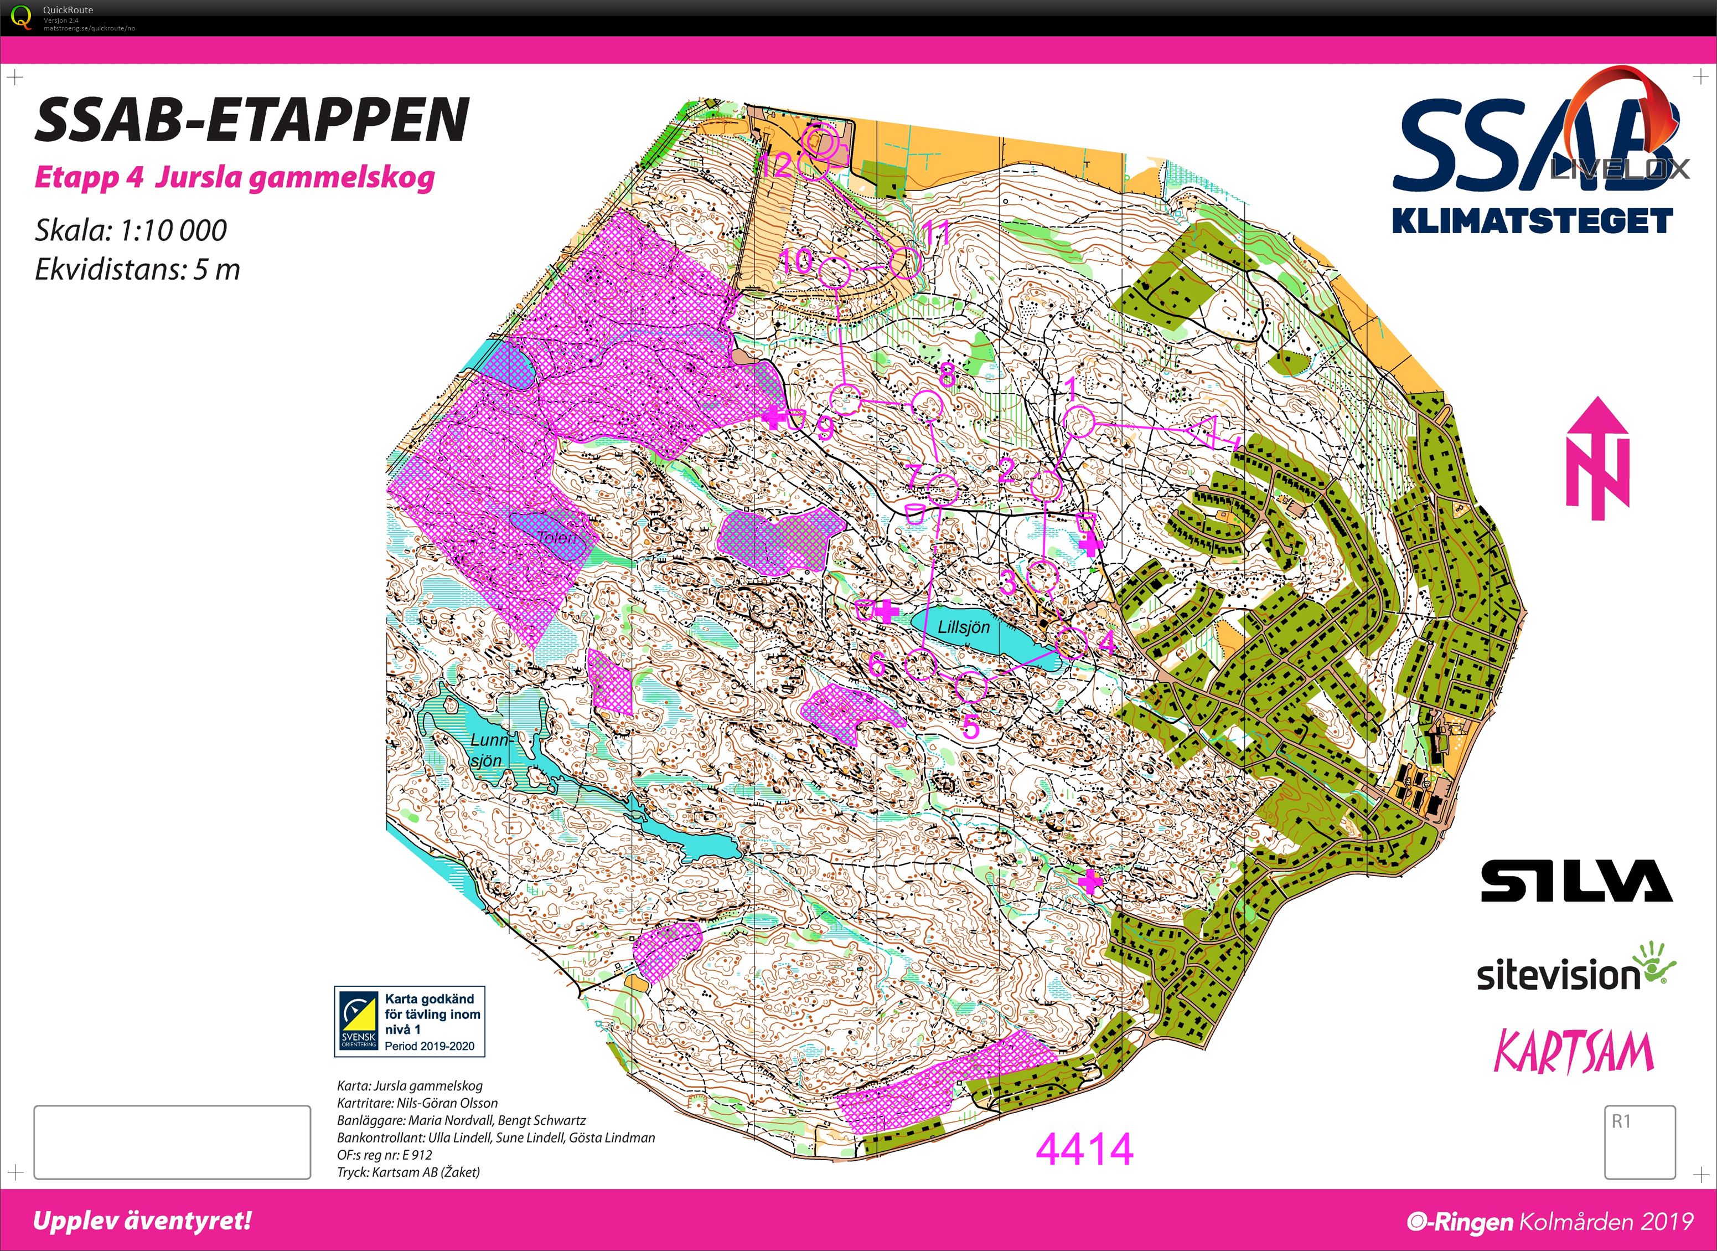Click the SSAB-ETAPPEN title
pyautogui.click(x=251, y=120)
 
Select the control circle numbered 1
pyautogui.click(x=1079, y=423)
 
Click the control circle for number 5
pyautogui.click(x=970, y=687)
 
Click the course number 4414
pyautogui.click(x=1084, y=1150)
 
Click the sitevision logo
pyautogui.click(x=1575, y=971)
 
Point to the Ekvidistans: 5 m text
pyautogui.click(x=137, y=270)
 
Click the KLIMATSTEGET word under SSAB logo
pyautogui.click(x=1532, y=221)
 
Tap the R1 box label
pyautogui.click(x=1621, y=1121)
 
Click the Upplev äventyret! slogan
pyautogui.click(x=142, y=1221)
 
